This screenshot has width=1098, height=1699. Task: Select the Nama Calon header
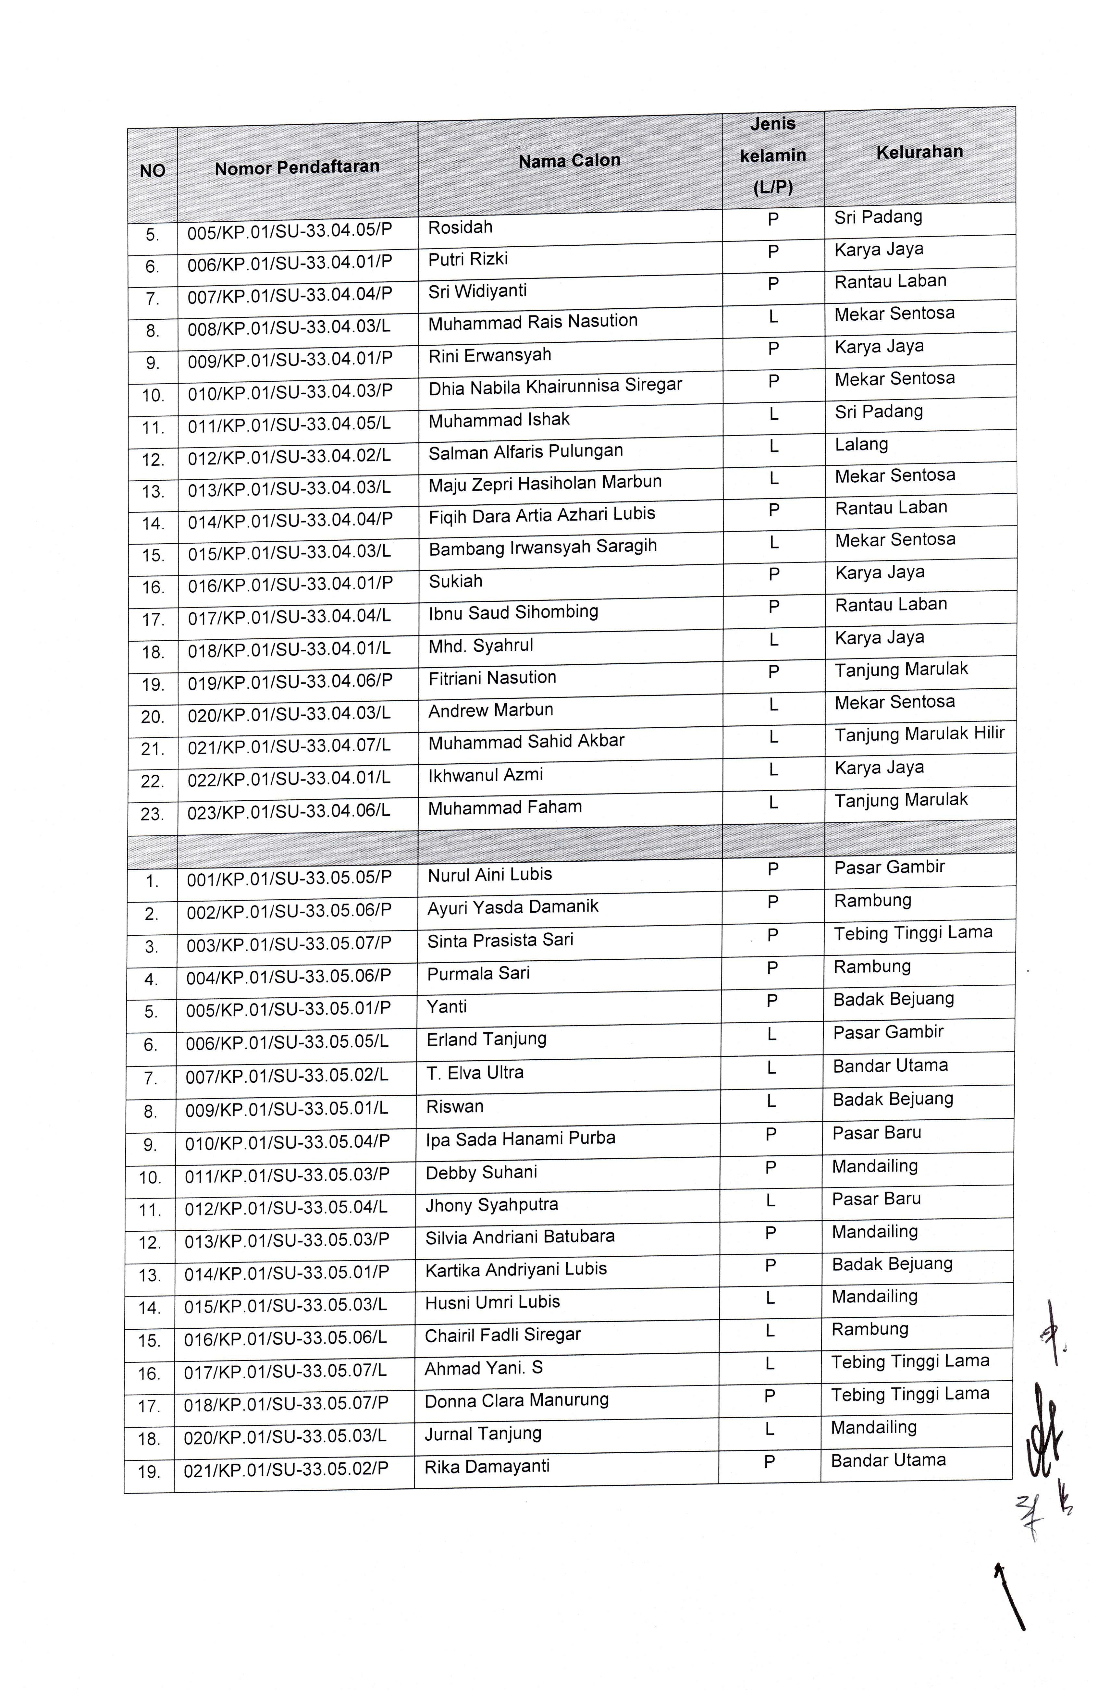point(569,161)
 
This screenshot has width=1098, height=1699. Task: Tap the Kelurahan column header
point(919,152)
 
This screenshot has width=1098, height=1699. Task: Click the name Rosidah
point(460,228)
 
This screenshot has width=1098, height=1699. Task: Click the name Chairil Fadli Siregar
point(502,1335)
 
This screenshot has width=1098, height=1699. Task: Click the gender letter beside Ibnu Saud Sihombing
point(773,607)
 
